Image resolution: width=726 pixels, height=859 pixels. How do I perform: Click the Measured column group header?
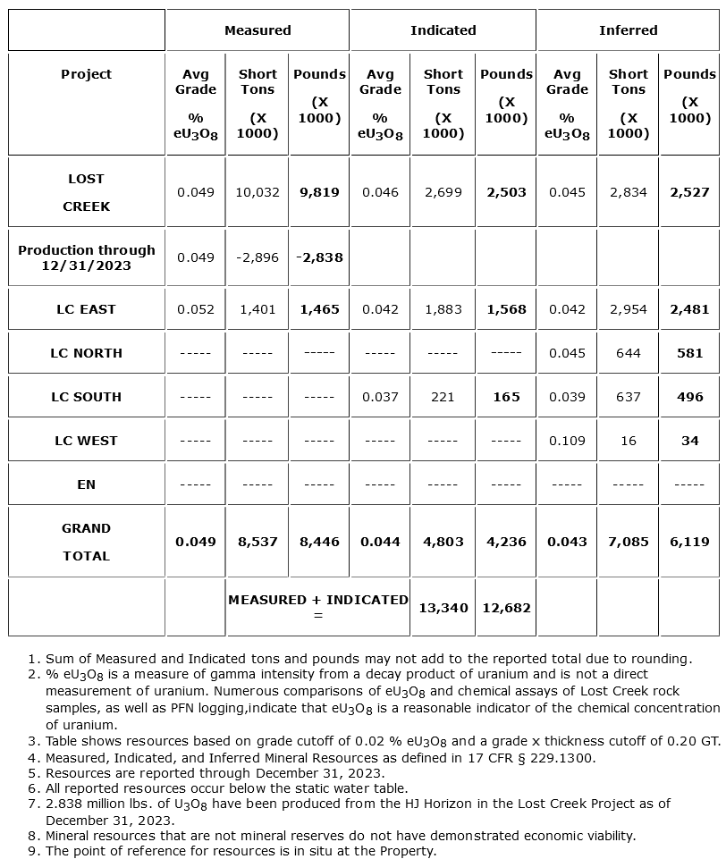(x=257, y=30)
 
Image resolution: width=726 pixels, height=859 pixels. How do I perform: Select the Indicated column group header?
(x=443, y=30)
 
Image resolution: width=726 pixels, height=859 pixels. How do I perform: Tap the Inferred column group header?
(x=628, y=30)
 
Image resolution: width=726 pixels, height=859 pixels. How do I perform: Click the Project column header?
(x=87, y=74)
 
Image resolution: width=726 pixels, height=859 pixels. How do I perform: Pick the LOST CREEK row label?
(x=87, y=192)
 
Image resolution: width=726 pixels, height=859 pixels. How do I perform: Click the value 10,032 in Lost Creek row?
(x=257, y=192)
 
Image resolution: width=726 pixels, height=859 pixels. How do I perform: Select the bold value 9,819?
(x=319, y=192)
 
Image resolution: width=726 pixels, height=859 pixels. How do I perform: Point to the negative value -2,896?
(x=257, y=257)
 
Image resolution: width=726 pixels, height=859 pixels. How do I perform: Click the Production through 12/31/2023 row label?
(x=87, y=257)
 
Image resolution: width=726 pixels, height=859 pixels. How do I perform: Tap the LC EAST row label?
(x=87, y=309)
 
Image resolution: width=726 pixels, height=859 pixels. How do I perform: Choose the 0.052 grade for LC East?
(x=196, y=309)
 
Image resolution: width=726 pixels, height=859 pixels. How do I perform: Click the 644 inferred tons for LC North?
(x=628, y=353)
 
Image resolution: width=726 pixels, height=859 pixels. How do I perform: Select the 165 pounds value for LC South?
(x=506, y=397)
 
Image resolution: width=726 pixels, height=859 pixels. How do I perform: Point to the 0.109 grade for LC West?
(x=567, y=441)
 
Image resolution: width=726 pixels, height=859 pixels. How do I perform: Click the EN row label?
(x=87, y=484)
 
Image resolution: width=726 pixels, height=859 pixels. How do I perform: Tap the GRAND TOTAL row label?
(x=87, y=542)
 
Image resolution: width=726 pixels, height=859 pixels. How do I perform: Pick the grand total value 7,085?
(x=628, y=542)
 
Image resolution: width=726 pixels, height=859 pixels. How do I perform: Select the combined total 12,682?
(x=506, y=608)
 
